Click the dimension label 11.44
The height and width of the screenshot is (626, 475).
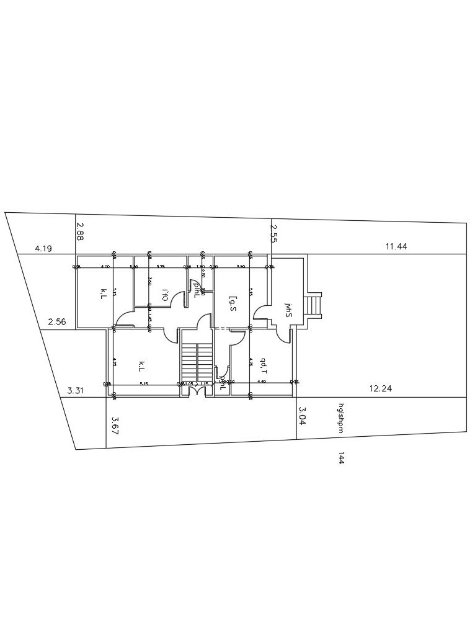point(396,246)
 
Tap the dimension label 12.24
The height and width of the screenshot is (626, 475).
point(380,388)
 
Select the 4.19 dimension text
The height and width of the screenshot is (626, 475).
point(43,248)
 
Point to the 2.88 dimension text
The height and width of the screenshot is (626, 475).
point(80,231)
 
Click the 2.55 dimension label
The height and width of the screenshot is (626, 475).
point(275,233)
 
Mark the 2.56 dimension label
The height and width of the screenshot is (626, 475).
point(56,321)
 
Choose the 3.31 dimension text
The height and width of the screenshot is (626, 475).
point(76,390)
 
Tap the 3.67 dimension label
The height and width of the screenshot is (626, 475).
point(115,425)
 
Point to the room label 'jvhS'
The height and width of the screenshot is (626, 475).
point(288,310)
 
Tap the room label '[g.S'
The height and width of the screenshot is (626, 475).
point(232,303)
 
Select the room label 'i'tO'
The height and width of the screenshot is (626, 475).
point(165,294)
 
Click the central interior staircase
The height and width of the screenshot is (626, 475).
point(197,363)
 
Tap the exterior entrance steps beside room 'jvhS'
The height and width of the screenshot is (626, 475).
point(316,305)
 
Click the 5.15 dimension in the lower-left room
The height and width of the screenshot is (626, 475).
point(143,383)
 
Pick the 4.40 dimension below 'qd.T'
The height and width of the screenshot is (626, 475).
point(261,382)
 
